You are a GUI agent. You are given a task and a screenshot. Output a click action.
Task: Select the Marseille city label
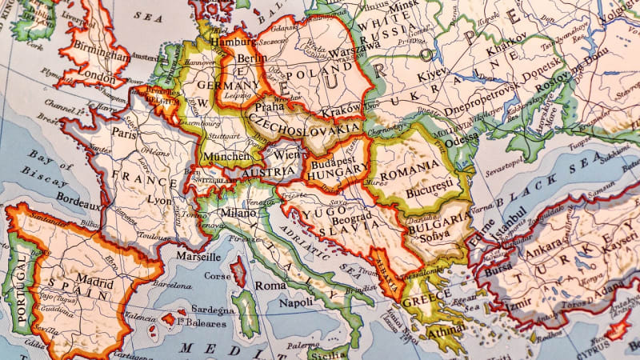(198, 257)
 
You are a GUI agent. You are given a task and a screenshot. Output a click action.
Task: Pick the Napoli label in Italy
(295, 303)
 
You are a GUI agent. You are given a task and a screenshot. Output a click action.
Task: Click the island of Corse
(238, 272)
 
